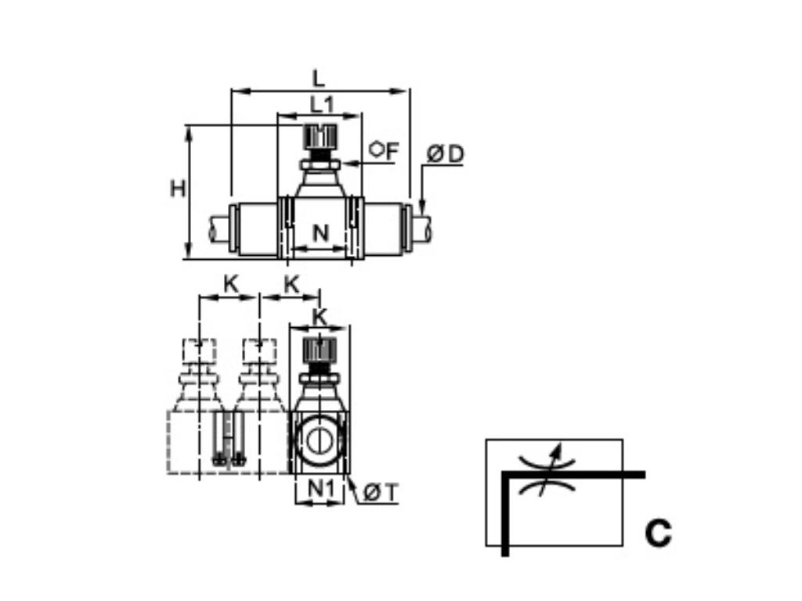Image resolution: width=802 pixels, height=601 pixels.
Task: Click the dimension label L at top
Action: [x=318, y=78]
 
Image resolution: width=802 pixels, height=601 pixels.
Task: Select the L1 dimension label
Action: [x=321, y=103]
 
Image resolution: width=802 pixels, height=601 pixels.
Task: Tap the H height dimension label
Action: [x=178, y=189]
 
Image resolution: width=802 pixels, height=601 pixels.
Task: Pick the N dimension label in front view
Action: [x=320, y=233]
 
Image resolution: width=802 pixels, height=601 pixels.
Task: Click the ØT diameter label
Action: [x=381, y=492]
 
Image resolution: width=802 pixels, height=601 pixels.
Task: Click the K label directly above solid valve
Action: [x=320, y=317]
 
